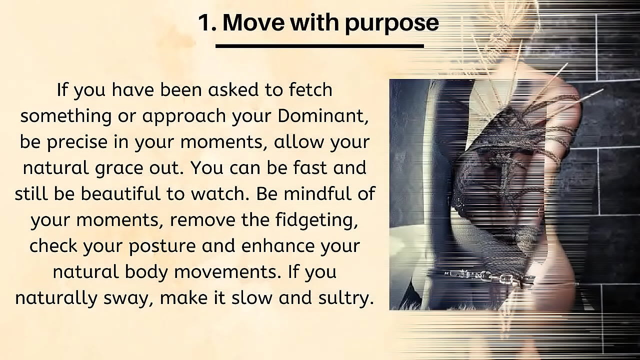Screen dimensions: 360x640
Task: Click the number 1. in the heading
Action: click(x=207, y=23)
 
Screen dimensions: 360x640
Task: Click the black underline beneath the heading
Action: click(x=319, y=46)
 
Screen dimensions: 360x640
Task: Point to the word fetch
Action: click(x=310, y=90)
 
